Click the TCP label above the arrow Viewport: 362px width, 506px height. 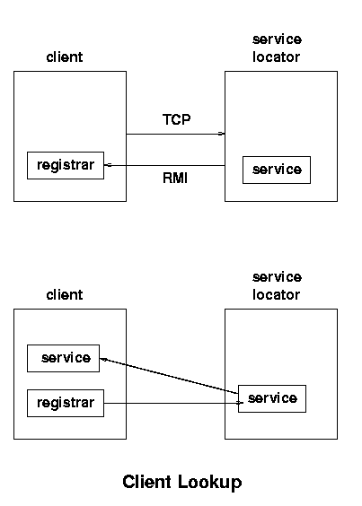coord(176,119)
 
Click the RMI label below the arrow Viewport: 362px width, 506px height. coord(175,178)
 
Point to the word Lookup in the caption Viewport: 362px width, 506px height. coord(210,482)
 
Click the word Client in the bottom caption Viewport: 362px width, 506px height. coord(146,482)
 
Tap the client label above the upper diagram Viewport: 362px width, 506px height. coord(65,57)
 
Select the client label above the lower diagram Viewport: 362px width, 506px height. coord(65,295)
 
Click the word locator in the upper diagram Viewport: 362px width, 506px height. coord(276,57)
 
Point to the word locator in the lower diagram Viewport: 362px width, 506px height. coord(276,295)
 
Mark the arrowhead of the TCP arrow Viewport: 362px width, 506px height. coord(222,134)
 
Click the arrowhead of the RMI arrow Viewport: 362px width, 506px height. coord(108,165)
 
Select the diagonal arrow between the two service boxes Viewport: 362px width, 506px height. coord(169,376)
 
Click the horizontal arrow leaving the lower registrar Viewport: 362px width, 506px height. coord(173,403)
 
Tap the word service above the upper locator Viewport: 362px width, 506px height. coord(277,39)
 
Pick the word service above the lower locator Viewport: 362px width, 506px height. coord(277,277)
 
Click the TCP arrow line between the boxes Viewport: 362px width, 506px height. coord(175,134)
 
